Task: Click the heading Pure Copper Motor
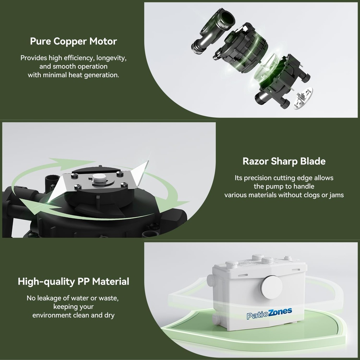point(73,41)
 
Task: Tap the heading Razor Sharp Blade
point(284,161)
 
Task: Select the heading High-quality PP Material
point(73,281)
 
